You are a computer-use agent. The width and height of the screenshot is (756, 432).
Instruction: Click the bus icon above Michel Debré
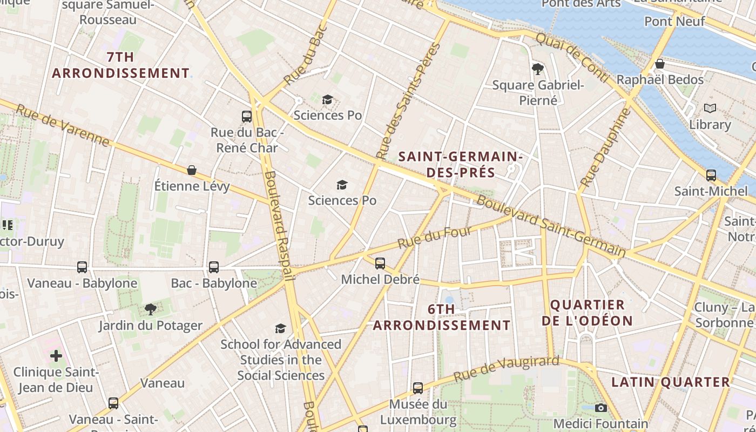[x=380, y=264]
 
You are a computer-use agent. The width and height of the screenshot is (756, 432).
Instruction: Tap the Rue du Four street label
[x=435, y=238]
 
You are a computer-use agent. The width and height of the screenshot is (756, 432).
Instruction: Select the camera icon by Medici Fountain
[x=600, y=408]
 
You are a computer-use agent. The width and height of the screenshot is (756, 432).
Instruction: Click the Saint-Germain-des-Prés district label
[x=460, y=165]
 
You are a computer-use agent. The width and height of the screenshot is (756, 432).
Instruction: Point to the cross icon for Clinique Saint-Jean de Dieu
[x=56, y=355]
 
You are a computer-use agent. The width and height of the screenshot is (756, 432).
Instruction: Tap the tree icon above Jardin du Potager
[x=151, y=309]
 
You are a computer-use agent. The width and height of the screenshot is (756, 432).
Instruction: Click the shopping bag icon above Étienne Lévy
[x=192, y=170]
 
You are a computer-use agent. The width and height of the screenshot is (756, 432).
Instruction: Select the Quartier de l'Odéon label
[x=587, y=313]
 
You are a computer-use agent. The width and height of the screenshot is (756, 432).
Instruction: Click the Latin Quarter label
[x=671, y=382]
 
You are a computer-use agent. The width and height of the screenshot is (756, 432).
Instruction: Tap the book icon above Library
[x=710, y=108]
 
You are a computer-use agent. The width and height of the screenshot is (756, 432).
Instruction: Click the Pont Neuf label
[x=674, y=22]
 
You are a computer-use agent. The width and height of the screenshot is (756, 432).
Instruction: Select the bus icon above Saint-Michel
[x=711, y=175]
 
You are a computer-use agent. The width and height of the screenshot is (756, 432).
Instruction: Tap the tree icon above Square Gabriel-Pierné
[x=538, y=69]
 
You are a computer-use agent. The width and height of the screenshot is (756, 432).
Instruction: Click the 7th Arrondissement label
[x=120, y=65]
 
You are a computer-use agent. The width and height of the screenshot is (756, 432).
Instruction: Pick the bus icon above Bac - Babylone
[x=214, y=267]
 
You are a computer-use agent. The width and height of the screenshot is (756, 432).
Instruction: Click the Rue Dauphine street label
[x=605, y=147]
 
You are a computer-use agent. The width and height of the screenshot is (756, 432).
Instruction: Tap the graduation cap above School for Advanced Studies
[x=280, y=328]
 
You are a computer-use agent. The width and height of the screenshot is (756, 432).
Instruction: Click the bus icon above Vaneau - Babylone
[x=82, y=267]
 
